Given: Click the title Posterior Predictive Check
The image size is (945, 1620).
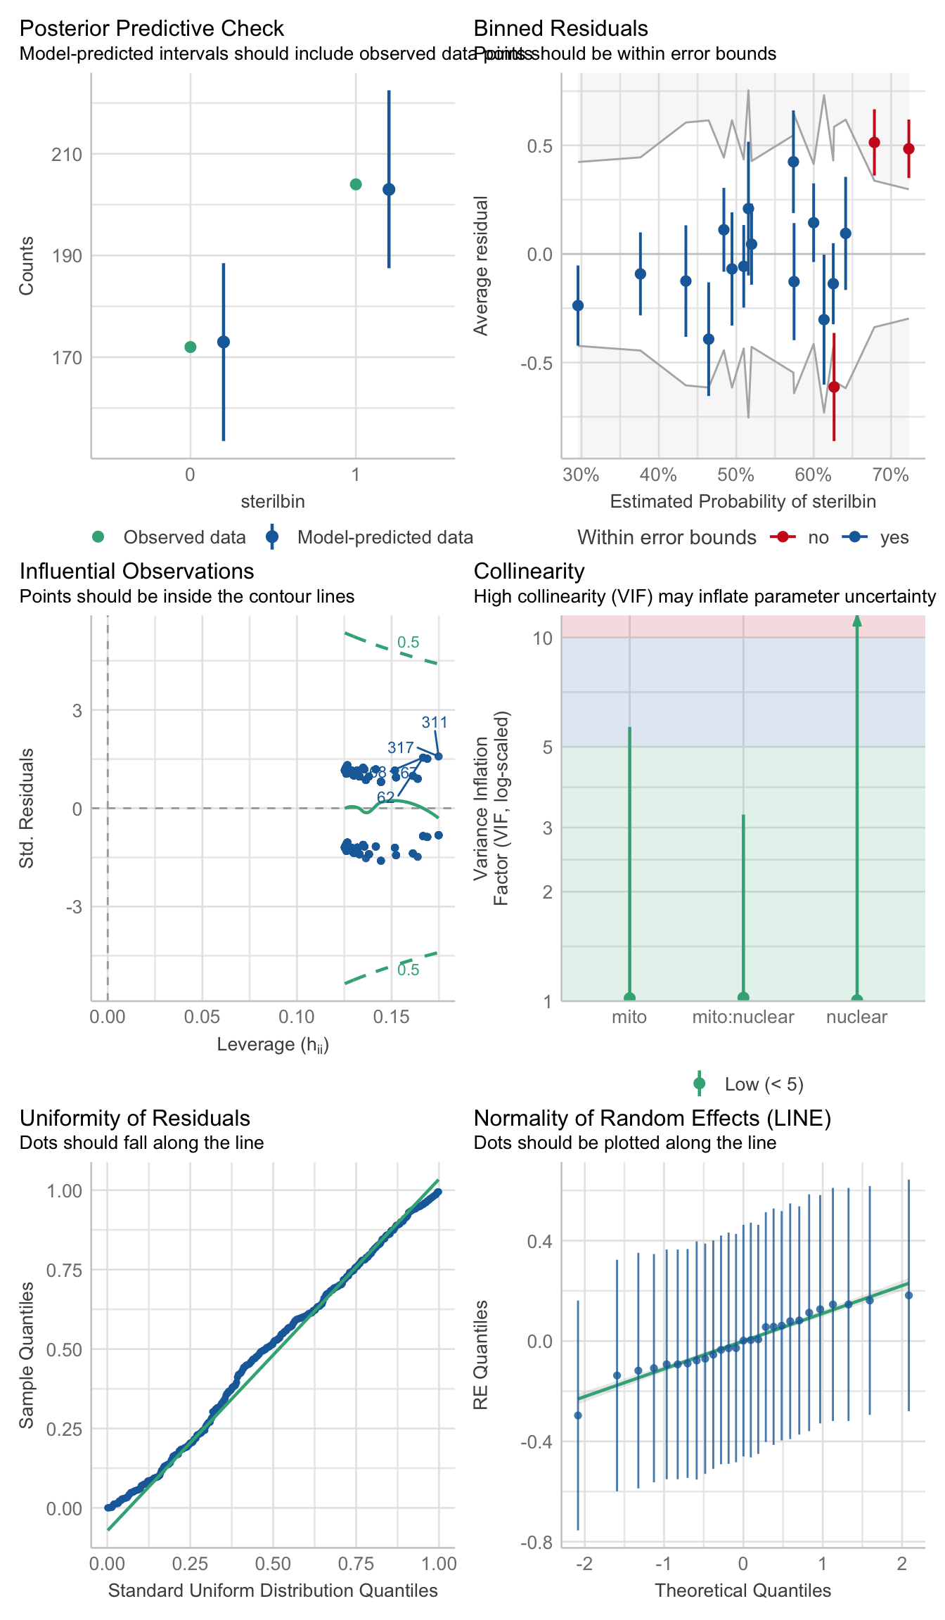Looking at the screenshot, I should click(151, 28).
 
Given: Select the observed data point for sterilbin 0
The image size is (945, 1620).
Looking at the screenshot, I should click(190, 347).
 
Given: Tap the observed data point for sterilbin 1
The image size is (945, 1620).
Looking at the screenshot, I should click(356, 184).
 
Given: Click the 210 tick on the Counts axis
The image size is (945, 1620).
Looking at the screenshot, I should click(66, 155).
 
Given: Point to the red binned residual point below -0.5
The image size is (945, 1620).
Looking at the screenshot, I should click(834, 387).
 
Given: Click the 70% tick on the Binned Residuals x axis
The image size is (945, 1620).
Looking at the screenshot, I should click(890, 475).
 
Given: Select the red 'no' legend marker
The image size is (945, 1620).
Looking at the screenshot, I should click(782, 537).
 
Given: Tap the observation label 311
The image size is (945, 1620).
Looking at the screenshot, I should click(435, 722).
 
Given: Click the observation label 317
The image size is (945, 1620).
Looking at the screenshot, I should click(400, 747).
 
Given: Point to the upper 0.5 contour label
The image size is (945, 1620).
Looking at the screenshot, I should click(408, 642).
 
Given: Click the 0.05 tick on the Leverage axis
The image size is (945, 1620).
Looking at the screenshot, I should click(202, 1017).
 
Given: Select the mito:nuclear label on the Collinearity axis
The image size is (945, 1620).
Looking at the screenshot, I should click(743, 1017).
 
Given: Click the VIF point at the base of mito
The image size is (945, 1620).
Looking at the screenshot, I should click(629, 998).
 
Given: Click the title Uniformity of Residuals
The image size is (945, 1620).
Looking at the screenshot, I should click(134, 1118).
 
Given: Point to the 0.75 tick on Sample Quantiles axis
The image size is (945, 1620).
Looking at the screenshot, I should click(64, 1270).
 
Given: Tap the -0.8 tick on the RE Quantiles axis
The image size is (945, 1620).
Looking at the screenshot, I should click(536, 1543).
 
